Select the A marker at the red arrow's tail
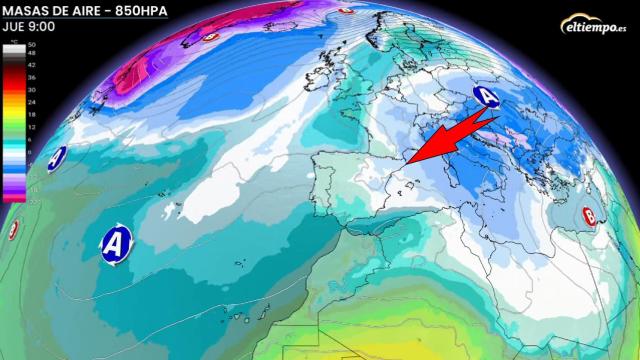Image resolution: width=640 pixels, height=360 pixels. [487, 97]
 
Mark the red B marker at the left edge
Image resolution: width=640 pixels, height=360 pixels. [13, 231]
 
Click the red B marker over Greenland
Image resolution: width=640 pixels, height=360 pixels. [211, 37]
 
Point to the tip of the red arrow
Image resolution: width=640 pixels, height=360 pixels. [408, 160]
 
